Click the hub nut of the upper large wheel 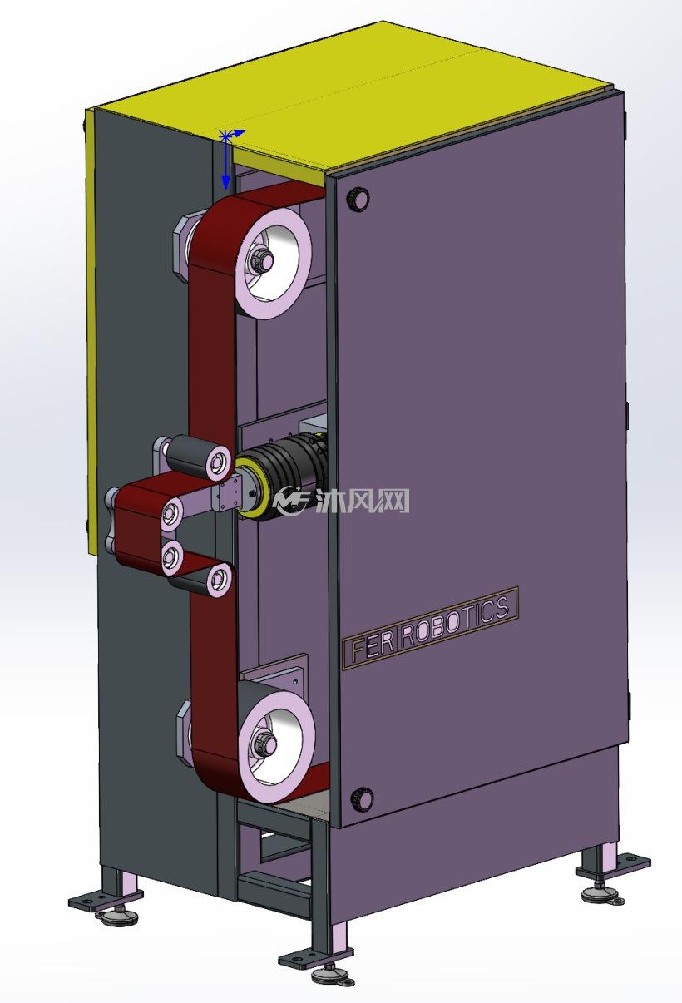click(264, 259)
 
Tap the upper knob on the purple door click(358, 200)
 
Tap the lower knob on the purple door click(362, 799)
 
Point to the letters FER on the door click(372, 646)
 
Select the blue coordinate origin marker click(225, 136)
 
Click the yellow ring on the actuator click(251, 488)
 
